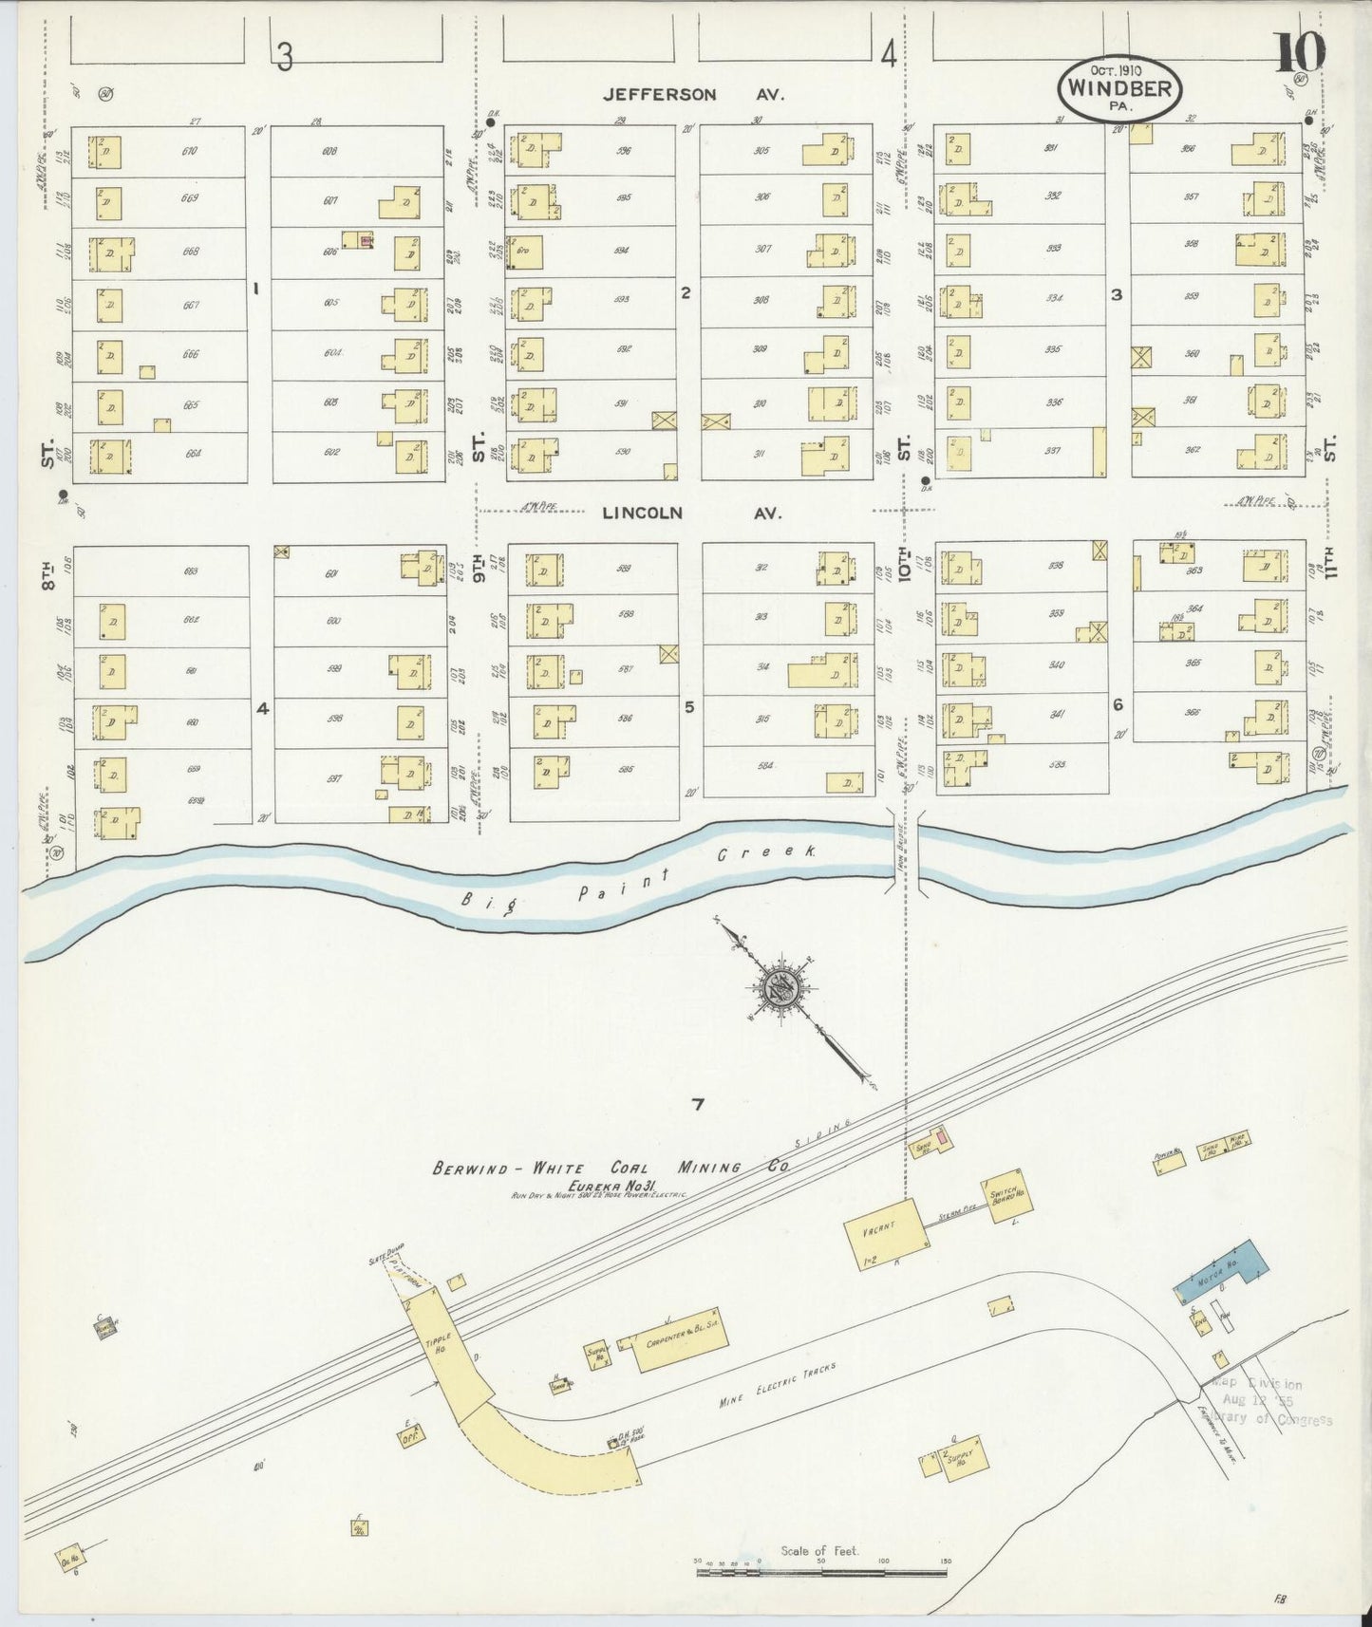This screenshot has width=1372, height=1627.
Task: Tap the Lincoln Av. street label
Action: (x=690, y=513)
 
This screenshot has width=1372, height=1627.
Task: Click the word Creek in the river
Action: (x=765, y=852)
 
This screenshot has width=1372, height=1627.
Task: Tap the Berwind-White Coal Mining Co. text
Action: (x=611, y=1168)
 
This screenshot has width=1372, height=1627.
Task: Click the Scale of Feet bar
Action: (x=822, y=1572)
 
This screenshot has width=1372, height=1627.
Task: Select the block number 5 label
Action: (x=690, y=706)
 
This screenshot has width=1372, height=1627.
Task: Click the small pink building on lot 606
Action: (x=366, y=242)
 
